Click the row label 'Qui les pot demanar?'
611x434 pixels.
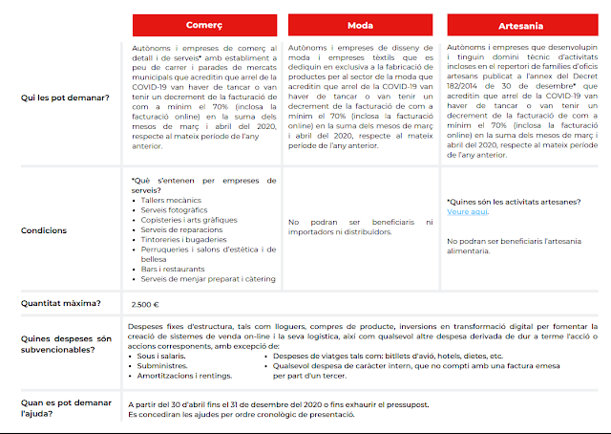tap(59, 98)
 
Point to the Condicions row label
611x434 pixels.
tap(44, 230)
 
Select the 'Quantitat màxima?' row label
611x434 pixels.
tap(61, 304)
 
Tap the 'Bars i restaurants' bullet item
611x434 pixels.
tap(172, 269)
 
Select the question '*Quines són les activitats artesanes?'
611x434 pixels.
tap(512, 202)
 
